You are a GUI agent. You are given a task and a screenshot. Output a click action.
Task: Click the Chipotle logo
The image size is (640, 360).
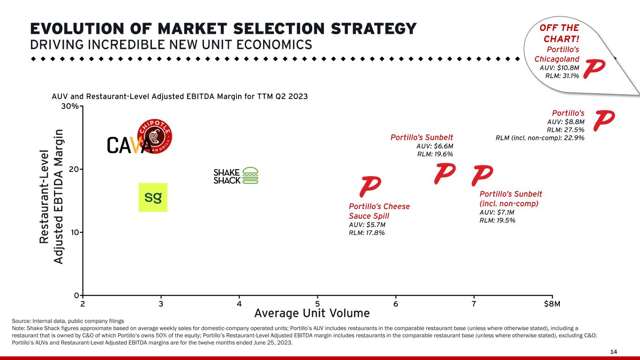[155, 136]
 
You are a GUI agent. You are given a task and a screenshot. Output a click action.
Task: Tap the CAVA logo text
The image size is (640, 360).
[129, 145]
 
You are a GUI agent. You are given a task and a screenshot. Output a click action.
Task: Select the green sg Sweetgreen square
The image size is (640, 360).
[153, 197]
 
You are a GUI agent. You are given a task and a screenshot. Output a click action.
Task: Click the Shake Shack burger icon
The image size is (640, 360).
[250, 175]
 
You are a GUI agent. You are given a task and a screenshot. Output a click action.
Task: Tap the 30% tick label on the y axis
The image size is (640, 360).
[70, 106]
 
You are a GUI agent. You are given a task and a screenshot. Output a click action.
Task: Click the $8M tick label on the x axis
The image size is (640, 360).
[552, 304]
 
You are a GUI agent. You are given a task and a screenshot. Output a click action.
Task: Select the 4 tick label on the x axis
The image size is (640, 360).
[239, 304]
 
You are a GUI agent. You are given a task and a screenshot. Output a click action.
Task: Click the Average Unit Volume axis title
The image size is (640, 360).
[312, 313]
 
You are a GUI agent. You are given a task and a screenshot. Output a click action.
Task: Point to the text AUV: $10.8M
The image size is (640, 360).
[559, 67]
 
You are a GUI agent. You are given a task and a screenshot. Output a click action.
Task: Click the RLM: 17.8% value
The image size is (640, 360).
[367, 232]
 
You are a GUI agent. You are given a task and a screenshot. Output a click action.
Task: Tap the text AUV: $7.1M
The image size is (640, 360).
[497, 212]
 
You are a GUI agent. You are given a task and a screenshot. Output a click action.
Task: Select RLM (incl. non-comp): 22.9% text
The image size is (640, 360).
[540, 138]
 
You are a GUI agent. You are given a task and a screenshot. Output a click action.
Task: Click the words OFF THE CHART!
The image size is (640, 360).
[560, 33]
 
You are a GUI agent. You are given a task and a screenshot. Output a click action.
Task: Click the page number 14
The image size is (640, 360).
[613, 352]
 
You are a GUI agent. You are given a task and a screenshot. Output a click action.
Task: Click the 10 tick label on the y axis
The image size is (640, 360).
[75, 232]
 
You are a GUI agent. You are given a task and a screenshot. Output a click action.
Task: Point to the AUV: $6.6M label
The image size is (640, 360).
[435, 146]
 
